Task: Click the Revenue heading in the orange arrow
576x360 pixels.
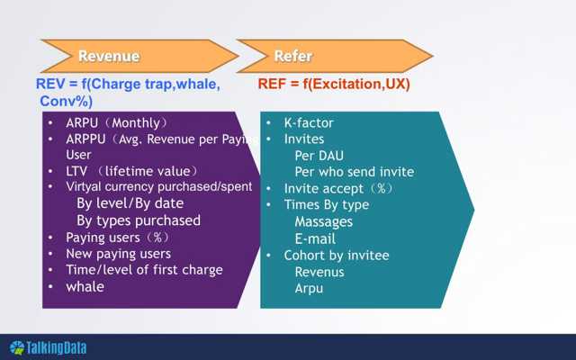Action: click(109, 56)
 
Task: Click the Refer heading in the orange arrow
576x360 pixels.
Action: click(293, 56)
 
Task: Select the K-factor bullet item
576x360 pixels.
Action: click(310, 122)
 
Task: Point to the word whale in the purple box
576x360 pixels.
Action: click(85, 286)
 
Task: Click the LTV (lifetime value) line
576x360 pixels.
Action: click(131, 171)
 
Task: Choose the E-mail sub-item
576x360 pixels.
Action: click(315, 238)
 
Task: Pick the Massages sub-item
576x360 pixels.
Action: click(323, 221)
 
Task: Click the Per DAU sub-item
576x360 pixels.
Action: click(319, 156)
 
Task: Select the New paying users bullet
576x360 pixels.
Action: click(118, 254)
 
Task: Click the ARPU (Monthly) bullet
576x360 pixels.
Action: click(117, 122)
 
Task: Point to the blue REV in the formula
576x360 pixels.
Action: click(49, 84)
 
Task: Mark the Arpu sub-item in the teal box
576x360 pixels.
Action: click(309, 288)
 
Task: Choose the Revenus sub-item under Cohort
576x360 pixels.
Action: click(319, 272)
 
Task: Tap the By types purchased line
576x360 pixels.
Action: click(139, 220)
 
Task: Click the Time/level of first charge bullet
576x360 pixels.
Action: click(144, 270)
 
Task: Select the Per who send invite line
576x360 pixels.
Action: click(354, 172)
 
